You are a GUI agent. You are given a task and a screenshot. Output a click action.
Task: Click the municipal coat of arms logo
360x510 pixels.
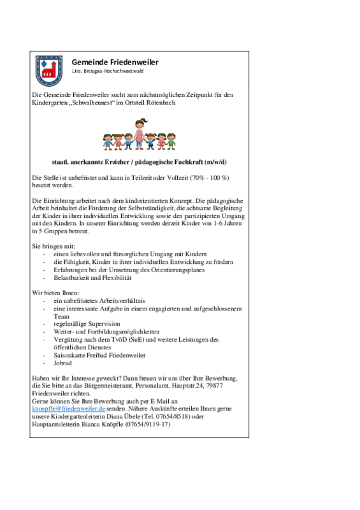[x=49, y=71]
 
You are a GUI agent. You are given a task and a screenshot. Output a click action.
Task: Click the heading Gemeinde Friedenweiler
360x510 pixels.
[x=115, y=62]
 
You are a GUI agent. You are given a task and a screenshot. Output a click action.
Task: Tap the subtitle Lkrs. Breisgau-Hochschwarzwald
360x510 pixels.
[x=108, y=71]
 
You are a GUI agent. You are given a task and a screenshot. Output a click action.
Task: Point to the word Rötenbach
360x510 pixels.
[x=161, y=103]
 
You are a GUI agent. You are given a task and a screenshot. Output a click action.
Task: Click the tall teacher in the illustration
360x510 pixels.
[x=140, y=134]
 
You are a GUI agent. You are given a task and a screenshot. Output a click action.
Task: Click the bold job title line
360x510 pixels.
[x=139, y=162]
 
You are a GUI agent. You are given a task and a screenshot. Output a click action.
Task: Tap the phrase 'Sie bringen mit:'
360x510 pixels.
[x=54, y=246]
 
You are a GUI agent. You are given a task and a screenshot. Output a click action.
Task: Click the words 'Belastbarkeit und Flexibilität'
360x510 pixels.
[x=92, y=278]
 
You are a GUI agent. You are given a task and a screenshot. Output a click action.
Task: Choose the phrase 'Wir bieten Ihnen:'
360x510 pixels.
[x=55, y=293]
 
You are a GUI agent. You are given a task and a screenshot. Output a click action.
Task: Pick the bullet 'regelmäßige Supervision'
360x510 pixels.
[x=87, y=324]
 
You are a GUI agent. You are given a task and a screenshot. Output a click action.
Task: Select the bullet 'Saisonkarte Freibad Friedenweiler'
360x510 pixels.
[x=99, y=355]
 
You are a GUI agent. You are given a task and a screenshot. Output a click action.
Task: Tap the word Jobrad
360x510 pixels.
[x=62, y=363]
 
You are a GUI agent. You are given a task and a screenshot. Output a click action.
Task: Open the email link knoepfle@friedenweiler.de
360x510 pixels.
[x=68, y=409]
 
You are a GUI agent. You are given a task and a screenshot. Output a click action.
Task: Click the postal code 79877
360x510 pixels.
[x=215, y=386]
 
